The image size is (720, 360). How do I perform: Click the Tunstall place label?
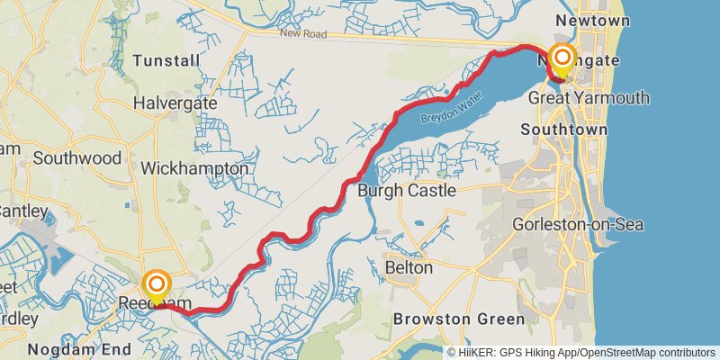pyautogui.click(x=166, y=60)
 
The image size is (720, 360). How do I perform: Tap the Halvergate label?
pyautogui.click(x=175, y=103)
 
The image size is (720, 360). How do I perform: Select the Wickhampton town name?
pyautogui.click(x=194, y=168)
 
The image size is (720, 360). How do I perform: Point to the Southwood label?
pyautogui.click(x=76, y=157)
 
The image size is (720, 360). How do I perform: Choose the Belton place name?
pyautogui.click(x=409, y=267)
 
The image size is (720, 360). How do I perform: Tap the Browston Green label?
pyautogui.click(x=458, y=319)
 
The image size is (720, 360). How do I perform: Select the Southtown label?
pyautogui.click(x=555, y=130)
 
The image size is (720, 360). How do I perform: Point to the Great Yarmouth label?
pyautogui.click(x=589, y=97)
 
